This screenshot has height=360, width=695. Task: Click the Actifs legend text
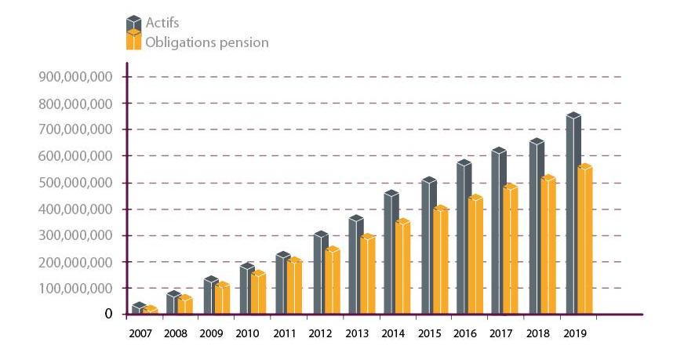[x=162, y=23]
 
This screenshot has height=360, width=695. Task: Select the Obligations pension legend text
[x=207, y=42]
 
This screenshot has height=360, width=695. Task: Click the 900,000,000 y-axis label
[x=75, y=77]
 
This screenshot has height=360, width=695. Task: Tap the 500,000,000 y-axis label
[x=75, y=183]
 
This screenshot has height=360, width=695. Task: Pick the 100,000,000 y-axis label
[x=75, y=289]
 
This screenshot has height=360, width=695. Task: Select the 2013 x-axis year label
[x=357, y=334]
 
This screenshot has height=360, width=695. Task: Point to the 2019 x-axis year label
[x=574, y=334]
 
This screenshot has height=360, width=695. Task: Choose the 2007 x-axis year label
[x=140, y=334]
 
